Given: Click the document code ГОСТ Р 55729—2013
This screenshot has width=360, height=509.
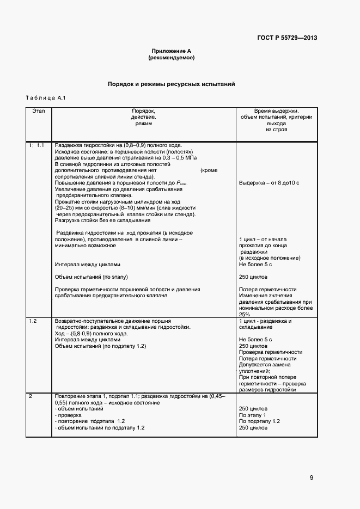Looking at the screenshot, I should pos(287,38).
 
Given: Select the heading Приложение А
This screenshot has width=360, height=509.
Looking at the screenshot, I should pos(171,50).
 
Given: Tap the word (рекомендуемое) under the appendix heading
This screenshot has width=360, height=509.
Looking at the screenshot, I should pos(171,57).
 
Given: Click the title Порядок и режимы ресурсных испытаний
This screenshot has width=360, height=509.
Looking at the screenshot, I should pos(171,85).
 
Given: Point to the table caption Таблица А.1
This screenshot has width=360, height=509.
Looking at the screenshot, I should pos(46,98).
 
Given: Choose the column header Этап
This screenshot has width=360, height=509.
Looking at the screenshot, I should pos(39,111).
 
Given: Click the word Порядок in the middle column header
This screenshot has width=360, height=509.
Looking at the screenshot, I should pos(143,111).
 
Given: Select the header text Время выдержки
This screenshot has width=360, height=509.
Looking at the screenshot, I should pos(276,111).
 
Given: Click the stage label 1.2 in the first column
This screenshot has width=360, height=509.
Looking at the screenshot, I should pos(33,321).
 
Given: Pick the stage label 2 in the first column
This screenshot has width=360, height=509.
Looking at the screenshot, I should pos(30,396).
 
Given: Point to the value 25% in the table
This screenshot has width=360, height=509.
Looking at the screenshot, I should pos(245,314).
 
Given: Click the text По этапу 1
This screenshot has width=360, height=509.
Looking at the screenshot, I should pos(253,415).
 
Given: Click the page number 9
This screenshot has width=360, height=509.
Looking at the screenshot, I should pos(312,478).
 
